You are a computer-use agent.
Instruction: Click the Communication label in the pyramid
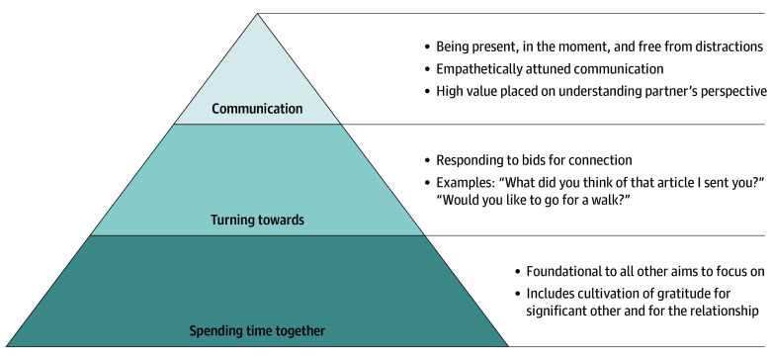257,109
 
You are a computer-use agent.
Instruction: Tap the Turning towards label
258,220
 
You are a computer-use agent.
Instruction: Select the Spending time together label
257,331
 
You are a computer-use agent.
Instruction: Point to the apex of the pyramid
257,14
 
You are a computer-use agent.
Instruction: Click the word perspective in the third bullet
734,91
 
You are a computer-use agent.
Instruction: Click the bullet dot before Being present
427,47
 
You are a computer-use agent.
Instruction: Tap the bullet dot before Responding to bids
427,161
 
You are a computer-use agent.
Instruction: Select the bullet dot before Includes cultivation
517,294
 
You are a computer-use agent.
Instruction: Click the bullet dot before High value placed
427,92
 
